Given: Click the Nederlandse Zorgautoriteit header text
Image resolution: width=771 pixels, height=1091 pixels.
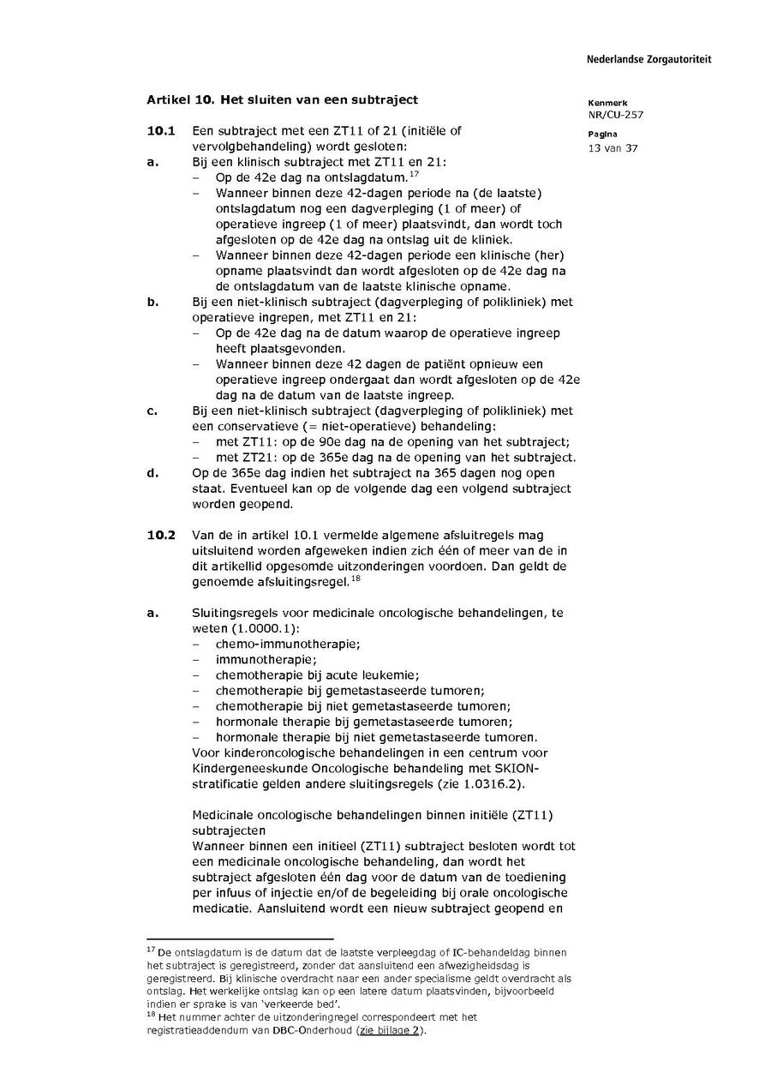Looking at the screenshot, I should click(x=648, y=60).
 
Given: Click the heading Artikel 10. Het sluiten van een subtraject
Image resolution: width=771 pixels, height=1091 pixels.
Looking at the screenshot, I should click(x=283, y=99).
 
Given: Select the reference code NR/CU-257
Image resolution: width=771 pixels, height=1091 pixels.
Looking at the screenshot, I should click(x=616, y=114).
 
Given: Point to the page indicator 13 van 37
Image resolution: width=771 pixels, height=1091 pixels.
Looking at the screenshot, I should click(x=613, y=147).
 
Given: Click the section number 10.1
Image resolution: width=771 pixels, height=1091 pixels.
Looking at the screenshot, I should click(x=161, y=131).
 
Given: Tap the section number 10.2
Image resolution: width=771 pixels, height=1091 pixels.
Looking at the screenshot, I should click(x=161, y=536).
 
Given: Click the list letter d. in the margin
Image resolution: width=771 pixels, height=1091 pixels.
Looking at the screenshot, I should click(x=152, y=473).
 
